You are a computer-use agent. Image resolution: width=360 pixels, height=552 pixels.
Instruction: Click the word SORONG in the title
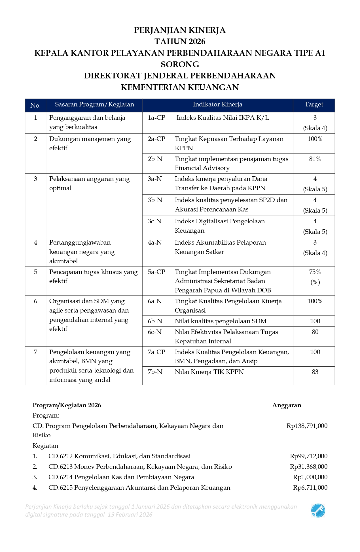(x=180, y=64)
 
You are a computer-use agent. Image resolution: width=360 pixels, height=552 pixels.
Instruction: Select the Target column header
(x=314, y=104)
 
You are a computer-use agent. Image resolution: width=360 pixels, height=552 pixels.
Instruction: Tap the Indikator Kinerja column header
(x=217, y=104)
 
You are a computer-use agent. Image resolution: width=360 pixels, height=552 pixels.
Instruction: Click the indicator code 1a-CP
(x=156, y=118)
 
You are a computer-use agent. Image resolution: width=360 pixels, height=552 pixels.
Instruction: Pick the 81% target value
(x=315, y=159)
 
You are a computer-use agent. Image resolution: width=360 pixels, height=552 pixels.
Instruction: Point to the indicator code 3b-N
(x=155, y=200)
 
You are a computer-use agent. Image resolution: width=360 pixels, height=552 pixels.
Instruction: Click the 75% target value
(x=315, y=272)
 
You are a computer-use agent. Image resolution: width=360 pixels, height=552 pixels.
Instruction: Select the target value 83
(x=315, y=372)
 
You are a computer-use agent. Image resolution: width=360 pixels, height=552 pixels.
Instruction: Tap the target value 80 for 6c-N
(x=315, y=332)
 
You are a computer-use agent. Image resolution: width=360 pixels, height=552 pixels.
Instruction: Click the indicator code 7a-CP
(x=156, y=352)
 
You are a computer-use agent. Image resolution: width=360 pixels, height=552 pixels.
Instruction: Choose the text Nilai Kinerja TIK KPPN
(x=209, y=372)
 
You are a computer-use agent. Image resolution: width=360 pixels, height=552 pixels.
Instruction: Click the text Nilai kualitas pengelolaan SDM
(x=221, y=321)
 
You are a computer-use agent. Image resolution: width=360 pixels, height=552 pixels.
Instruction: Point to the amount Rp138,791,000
(x=307, y=426)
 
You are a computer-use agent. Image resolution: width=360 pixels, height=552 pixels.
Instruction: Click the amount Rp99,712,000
(x=308, y=456)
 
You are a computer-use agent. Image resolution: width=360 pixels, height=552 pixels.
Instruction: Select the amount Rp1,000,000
(x=310, y=477)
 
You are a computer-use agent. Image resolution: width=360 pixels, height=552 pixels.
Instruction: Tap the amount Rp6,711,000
(x=310, y=488)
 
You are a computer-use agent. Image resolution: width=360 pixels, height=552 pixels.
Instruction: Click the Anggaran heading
(x=287, y=405)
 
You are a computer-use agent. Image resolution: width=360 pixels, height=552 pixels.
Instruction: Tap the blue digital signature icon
(x=318, y=511)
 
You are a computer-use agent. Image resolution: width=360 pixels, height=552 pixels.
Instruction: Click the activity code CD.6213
(x=61, y=467)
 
